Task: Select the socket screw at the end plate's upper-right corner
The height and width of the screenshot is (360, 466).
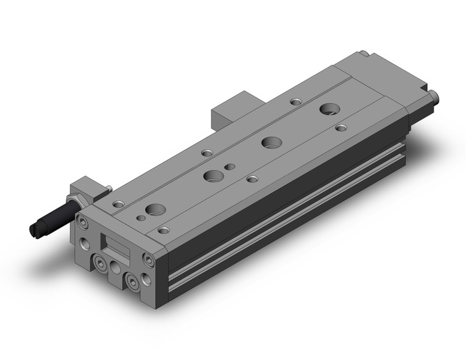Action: [x=147, y=258]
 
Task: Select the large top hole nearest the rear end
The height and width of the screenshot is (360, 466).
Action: [x=329, y=109]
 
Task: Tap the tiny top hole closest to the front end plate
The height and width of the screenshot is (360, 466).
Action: [x=142, y=217]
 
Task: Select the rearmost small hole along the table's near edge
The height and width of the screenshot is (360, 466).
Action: [x=342, y=128]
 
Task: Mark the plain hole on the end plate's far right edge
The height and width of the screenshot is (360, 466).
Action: [x=145, y=281]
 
